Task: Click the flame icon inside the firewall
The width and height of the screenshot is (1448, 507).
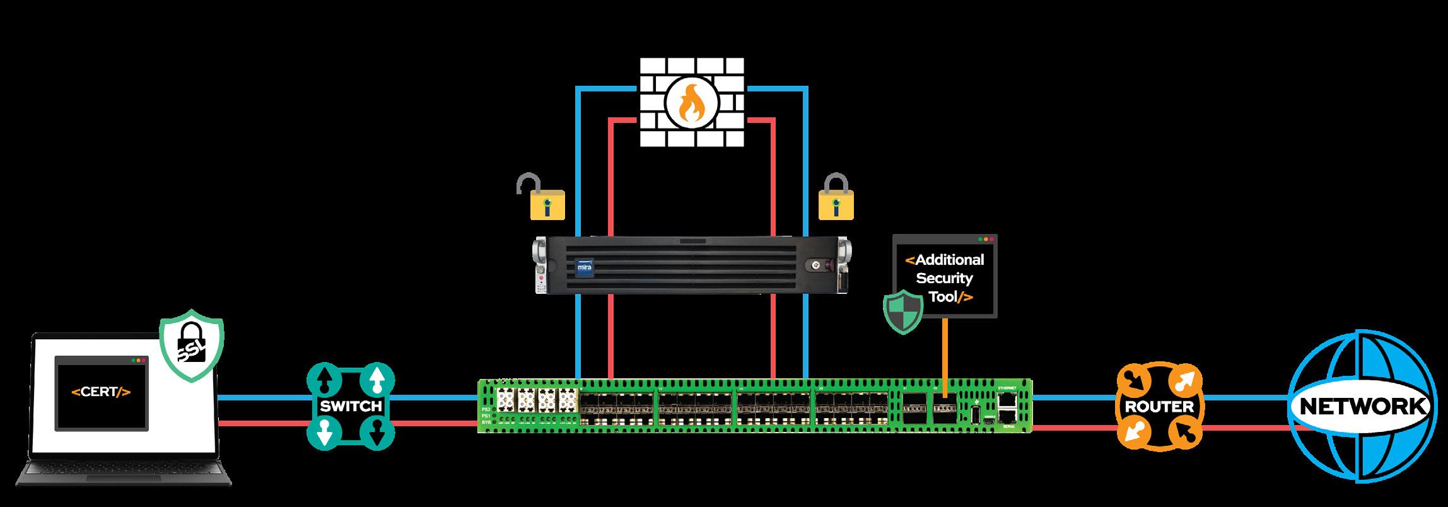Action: click(x=692, y=104)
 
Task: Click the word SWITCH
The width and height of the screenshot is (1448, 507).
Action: click(x=351, y=405)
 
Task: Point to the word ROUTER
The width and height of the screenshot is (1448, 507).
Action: click(x=1159, y=407)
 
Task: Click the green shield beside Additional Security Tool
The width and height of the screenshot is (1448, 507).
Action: click(x=902, y=311)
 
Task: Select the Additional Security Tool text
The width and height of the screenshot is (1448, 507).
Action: click(x=944, y=278)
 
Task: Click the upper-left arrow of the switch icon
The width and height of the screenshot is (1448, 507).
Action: click(x=324, y=380)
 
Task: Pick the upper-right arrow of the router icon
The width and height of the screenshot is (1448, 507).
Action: click(x=1184, y=380)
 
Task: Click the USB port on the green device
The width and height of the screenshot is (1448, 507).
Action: click(x=976, y=414)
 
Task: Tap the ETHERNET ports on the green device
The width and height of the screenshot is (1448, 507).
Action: click(x=1008, y=407)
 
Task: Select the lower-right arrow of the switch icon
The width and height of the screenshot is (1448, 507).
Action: click(x=377, y=433)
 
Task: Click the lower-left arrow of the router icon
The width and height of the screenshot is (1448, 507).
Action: click(x=1134, y=433)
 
